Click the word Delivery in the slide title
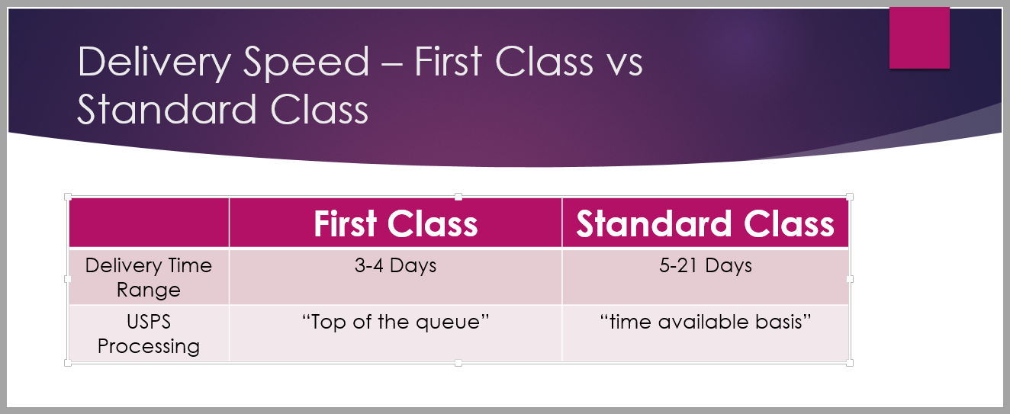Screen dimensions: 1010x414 tap(154, 63)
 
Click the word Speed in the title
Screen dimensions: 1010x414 tap(307, 63)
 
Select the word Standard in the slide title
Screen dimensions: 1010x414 tap(167, 110)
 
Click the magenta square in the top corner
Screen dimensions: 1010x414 tap(919, 38)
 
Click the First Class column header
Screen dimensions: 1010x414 tap(395, 223)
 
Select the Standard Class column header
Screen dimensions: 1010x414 tap(705, 223)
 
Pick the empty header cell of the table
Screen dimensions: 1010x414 tap(149, 223)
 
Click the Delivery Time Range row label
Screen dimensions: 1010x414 tap(148, 278)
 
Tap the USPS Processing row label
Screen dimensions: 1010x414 tap(148, 334)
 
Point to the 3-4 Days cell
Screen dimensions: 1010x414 tap(395, 265)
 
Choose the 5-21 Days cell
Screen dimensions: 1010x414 tap(705, 265)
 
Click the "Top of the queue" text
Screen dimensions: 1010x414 tap(395, 322)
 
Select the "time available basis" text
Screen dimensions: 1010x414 tap(705, 322)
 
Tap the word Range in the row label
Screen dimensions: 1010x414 tap(148, 290)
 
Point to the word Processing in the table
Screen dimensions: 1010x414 tap(148, 347)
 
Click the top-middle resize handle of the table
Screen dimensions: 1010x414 tap(458, 197)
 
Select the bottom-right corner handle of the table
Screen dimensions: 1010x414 tap(850, 363)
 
